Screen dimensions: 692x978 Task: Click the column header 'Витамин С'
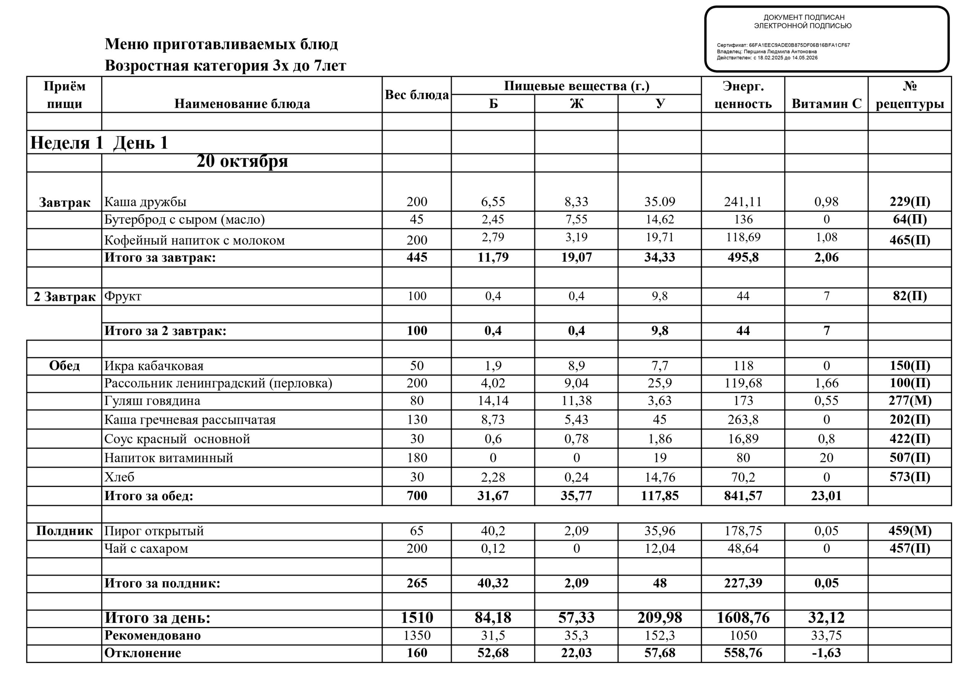pos(826,104)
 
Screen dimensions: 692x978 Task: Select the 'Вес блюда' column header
pos(416,95)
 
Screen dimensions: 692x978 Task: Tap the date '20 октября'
pos(242,161)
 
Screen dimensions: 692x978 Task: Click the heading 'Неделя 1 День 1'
pos(99,142)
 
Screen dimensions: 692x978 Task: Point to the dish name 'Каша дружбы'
pos(145,201)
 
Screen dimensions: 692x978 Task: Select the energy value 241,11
pos(743,201)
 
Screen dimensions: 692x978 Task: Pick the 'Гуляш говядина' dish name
pos(152,401)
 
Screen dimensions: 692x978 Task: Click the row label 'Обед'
pos(64,366)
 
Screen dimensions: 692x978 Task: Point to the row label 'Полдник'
pos(64,531)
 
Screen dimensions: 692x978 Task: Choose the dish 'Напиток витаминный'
pos(169,458)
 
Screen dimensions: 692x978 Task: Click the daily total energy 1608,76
pos(743,618)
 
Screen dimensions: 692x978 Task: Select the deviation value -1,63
pos(826,653)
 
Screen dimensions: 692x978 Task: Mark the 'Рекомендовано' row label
pos(152,635)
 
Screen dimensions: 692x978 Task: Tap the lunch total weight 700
pos(416,496)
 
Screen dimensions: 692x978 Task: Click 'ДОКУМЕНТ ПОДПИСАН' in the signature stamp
pos(804,18)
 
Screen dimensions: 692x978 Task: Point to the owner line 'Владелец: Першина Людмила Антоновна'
pos(767,52)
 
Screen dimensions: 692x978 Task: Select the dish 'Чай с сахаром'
pos(146,548)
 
